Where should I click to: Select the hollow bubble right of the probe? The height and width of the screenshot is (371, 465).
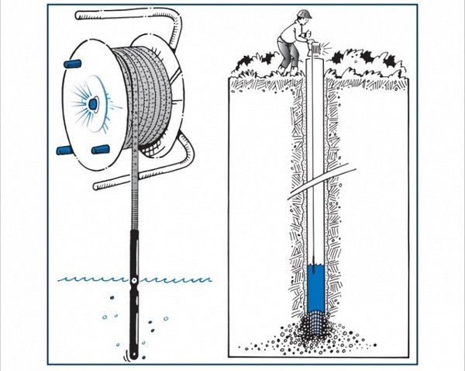[x=164, y=318]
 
